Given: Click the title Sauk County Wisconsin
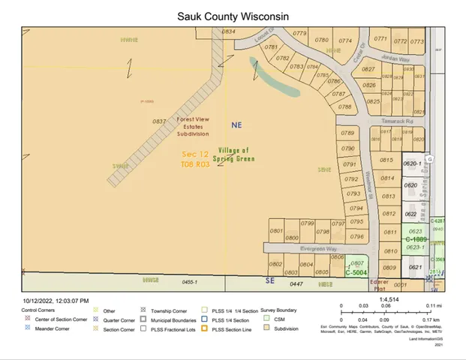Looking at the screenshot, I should pyautogui.click(x=233, y=16).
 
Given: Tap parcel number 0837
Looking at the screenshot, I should pyautogui.click(x=159, y=121).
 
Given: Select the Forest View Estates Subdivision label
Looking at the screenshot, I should pyautogui.click(x=193, y=126).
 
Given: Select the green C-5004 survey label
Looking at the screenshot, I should pyautogui.click(x=355, y=273).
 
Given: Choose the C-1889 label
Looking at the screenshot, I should pyautogui.click(x=416, y=239).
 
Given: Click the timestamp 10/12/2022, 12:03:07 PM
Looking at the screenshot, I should pyautogui.click(x=56, y=301).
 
